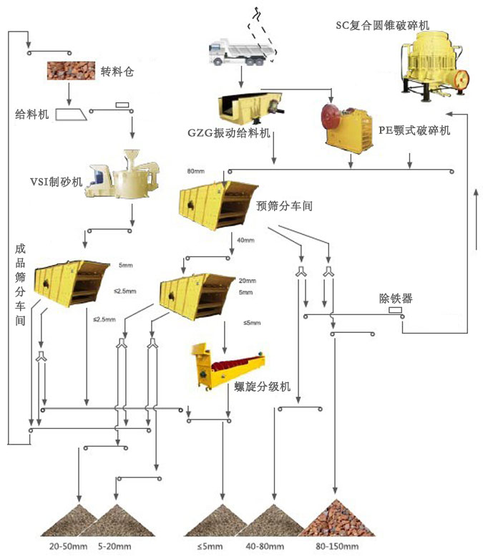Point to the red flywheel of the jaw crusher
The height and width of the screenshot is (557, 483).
[330, 115]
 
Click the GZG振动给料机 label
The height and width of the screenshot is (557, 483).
[228, 133]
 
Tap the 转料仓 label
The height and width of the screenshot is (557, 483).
[117, 72]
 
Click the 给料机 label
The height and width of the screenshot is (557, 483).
[31, 114]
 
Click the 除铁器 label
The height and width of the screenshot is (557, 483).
[396, 298]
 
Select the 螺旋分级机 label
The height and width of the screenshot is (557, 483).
[263, 387]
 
